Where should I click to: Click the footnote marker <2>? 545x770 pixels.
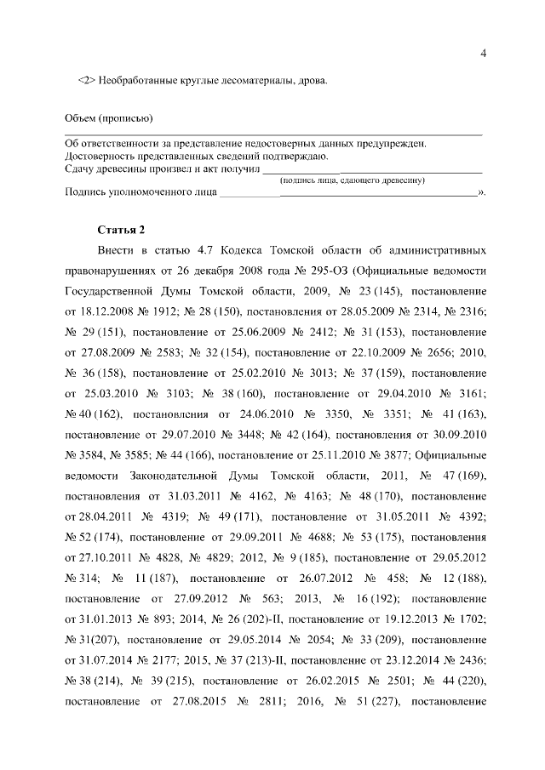click(85, 81)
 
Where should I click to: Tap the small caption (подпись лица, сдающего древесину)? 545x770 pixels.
click(353, 180)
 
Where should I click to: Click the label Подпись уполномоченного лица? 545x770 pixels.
click(139, 192)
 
